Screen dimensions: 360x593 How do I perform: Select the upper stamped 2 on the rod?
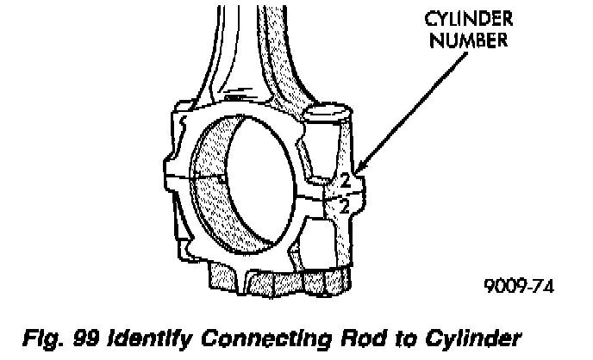coord(343,183)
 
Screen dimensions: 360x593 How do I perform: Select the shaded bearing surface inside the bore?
coord(211,189)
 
